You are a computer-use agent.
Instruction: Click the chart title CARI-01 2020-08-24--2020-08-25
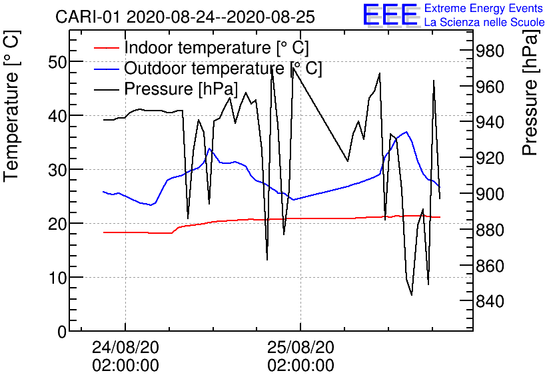[185, 17]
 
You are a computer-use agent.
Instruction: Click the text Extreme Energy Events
[484, 9]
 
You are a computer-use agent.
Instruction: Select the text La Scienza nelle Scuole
[484, 23]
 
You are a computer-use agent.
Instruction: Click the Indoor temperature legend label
[217, 48]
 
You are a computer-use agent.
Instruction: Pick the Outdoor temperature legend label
[223, 69]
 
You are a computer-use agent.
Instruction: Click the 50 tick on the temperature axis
[58, 62]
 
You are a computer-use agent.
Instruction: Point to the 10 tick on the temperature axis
[58, 278]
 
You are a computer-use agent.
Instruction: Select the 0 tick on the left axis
[62, 331]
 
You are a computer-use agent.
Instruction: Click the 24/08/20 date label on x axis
[125, 347]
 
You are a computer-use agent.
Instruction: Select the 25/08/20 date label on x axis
[300, 347]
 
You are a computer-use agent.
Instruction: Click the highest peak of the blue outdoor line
[406, 132]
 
